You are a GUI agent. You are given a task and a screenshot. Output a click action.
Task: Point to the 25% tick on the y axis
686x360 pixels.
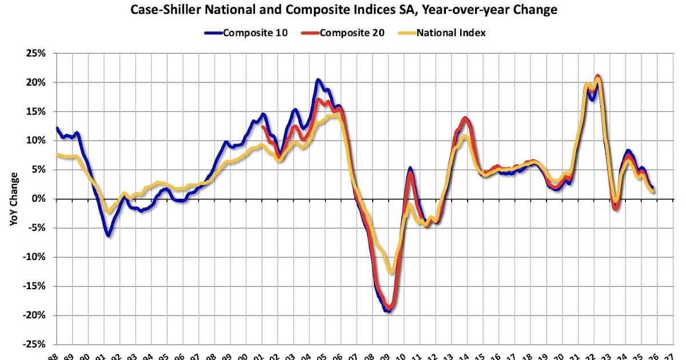[35, 54]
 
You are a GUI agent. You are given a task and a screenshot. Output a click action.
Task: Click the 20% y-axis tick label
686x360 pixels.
[35, 83]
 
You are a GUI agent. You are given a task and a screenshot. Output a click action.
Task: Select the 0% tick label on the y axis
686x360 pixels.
[38, 199]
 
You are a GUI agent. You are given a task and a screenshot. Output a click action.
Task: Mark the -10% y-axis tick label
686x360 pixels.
[33, 257]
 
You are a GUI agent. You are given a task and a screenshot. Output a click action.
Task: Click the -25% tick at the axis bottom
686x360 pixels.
[33, 344]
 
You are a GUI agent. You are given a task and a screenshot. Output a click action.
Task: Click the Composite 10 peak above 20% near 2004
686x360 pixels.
[318, 80]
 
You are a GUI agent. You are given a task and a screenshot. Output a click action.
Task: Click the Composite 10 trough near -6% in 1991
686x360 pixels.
[108, 235]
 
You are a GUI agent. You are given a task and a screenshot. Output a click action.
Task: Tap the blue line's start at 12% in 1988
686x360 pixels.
[57, 129]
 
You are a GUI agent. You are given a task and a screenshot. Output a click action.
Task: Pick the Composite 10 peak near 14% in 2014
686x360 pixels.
[465, 118]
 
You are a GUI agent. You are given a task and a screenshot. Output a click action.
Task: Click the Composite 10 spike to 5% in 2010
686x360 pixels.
[410, 169]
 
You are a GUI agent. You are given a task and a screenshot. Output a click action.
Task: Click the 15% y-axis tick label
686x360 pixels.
[35, 112]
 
